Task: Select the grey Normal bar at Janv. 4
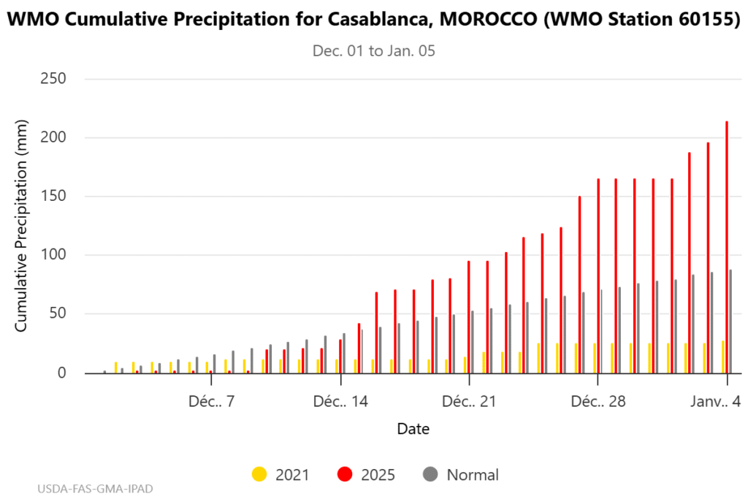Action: (730, 321)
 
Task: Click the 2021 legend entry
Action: (280, 475)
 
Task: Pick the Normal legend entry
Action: (461, 475)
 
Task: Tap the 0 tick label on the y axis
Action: (61, 373)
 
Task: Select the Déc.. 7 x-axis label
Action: (211, 402)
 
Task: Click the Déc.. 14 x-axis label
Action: (340, 402)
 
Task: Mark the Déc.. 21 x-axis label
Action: (469, 402)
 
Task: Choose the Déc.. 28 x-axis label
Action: (598, 402)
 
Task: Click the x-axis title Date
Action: (413, 429)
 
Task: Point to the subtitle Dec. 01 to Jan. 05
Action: (374, 51)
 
